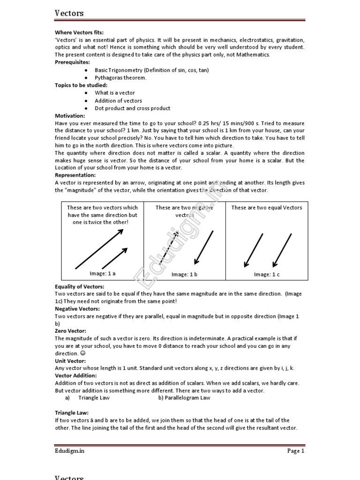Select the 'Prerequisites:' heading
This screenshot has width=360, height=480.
coord(73,62)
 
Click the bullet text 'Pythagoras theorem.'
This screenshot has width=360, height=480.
coord(120,77)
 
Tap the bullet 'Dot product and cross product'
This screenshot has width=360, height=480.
coord(132,108)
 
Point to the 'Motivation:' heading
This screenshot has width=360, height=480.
coord(70,115)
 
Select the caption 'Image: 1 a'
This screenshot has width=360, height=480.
coord(102,273)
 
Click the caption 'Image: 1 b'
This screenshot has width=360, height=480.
coord(184,275)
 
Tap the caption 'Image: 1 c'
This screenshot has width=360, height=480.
coord(267,275)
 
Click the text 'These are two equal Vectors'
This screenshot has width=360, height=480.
coord(267,208)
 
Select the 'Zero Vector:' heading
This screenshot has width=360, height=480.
coord(70,331)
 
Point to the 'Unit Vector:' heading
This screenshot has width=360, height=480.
coord(70,361)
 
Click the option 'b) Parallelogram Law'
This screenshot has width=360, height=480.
coord(184,398)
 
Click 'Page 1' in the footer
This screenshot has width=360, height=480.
coord(296,451)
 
